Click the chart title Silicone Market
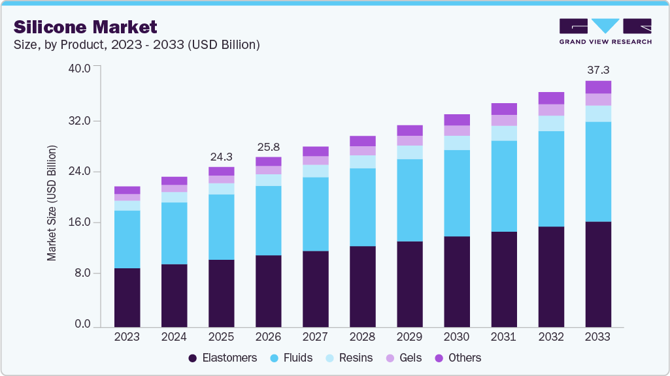tap(86, 27)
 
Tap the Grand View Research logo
tap(605, 31)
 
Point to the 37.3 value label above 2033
tap(597, 70)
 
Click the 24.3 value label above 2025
tap(221, 157)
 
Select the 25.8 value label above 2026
tap(268, 146)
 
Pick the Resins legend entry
tap(350, 358)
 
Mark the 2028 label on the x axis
tap(362, 337)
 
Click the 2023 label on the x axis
tap(127, 337)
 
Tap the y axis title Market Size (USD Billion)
tap(52, 202)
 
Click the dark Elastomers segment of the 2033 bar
tap(597, 274)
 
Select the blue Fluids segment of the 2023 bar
tap(127, 239)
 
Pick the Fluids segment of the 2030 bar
tap(456, 193)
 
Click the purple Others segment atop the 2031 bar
tap(503, 109)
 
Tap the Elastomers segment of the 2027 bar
tap(315, 289)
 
